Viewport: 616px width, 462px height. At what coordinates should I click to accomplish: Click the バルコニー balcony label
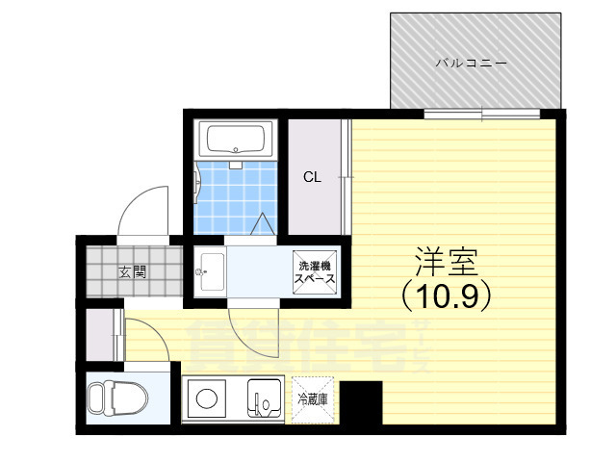(x=471, y=63)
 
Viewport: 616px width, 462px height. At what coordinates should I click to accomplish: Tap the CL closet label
(x=312, y=177)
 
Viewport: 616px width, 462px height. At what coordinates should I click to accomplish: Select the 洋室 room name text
(x=447, y=262)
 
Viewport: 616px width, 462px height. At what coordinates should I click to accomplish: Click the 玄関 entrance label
(x=133, y=271)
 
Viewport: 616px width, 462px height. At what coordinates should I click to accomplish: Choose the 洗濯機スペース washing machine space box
(x=315, y=272)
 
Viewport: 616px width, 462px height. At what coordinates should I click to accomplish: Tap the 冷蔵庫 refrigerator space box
(x=313, y=400)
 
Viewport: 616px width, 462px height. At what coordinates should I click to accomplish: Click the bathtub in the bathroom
(x=236, y=140)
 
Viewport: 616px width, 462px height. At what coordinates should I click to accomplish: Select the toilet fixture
(x=117, y=398)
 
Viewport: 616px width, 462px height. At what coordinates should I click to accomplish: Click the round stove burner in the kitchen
(x=207, y=398)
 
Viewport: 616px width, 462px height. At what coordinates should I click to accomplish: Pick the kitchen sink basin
(x=265, y=398)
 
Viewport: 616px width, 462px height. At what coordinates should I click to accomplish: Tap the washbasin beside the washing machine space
(x=212, y=271)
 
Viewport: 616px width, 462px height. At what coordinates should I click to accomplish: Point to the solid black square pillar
(x=361, y=402)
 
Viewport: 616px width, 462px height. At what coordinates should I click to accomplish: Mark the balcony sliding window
(x=482, y=114)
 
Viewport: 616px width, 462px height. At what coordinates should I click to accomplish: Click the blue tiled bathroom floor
(x=236, y=197)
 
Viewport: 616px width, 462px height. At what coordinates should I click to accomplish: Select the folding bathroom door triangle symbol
(x=262, y=224)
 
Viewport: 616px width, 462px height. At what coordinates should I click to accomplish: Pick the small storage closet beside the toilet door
(x=100, y=335)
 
